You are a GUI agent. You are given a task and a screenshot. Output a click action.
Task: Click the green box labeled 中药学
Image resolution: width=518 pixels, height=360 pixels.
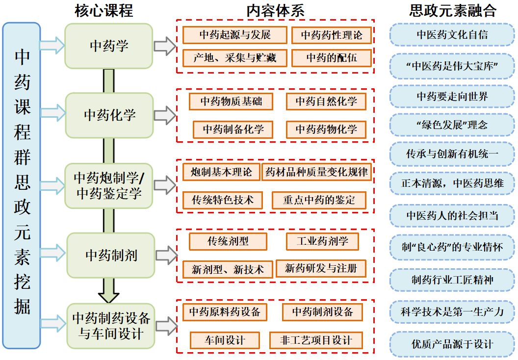[109, 46]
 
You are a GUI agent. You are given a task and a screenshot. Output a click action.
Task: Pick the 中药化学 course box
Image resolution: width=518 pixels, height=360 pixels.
[109, 115]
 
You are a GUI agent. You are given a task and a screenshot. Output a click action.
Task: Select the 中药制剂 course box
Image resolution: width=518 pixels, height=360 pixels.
[111, 256]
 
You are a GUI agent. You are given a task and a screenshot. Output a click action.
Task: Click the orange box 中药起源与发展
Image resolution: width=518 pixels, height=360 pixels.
[235, 35]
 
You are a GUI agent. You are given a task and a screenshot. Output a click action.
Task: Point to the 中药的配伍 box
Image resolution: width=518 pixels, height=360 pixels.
[332, 58]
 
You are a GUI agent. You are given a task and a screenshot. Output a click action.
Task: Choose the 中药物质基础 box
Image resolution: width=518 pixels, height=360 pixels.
[231, 102]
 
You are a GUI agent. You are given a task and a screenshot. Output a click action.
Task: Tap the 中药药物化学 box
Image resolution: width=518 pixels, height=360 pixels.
[326, 129]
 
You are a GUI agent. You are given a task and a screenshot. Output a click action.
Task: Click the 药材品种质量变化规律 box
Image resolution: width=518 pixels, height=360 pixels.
[316, 172]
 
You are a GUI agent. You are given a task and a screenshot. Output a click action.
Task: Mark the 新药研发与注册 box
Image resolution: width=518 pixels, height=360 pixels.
[321, 268]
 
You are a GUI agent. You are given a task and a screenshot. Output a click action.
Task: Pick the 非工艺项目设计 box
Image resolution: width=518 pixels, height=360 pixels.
[317, 340]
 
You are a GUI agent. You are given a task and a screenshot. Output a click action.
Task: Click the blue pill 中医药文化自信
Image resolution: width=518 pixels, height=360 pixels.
[452, 35]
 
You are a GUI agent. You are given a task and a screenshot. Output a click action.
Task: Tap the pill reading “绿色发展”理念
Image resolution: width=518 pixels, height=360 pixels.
[452, 125]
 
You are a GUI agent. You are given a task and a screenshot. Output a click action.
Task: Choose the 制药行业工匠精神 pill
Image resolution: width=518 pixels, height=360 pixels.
[452, 280]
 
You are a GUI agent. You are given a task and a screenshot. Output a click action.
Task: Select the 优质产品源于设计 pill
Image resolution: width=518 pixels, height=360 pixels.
[452, 344]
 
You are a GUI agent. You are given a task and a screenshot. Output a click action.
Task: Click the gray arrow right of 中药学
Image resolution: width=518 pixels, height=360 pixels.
[165, 47]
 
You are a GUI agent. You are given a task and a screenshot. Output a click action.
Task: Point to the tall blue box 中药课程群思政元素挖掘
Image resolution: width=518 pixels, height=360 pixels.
[22, 185]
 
